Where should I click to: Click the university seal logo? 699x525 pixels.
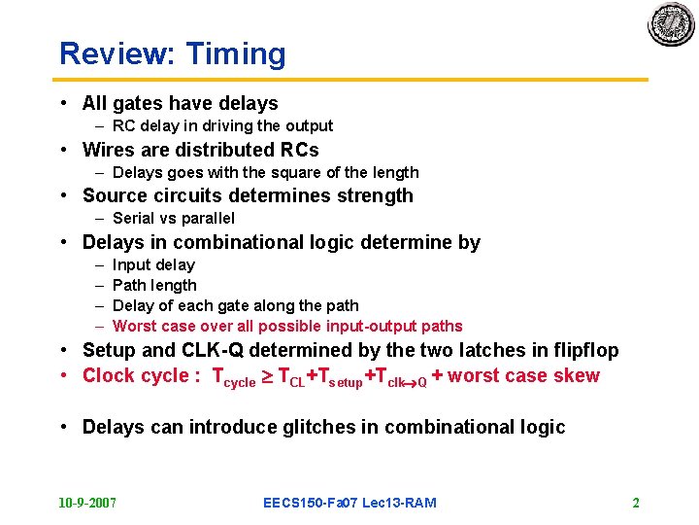pyautogui.click(x=671, y=24)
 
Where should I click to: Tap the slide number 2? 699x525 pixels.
pyautogui.click(x=636, y=503)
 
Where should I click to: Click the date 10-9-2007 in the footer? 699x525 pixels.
pyautogui.click(x=87, y=503)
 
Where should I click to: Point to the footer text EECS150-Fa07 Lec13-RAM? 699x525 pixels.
pyautogui.click(x=349, y=503)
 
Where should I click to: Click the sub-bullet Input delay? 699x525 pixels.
pyautogui.click(x=153, y=264)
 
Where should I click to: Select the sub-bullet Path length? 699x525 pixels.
pyautogui.click(x=154, y=285)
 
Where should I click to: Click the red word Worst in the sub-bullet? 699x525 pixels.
pyautogui.click(x=134, y=326)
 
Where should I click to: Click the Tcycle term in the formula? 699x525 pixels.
pyautogui.click(x=233, y=377)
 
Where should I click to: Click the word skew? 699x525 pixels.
pyautogui.click(x=579, y=375)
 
